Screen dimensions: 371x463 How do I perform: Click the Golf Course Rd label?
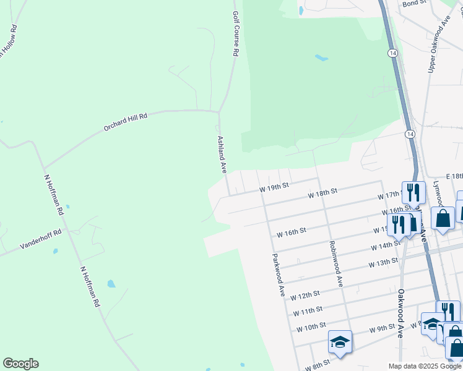[235, 34]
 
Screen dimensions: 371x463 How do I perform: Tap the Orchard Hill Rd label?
[126, 124]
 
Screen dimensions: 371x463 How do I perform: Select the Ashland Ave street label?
[221, 154]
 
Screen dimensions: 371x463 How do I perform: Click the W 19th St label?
[274, 185]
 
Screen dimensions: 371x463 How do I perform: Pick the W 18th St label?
[322, 193]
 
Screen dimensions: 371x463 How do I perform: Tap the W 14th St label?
[386, 245]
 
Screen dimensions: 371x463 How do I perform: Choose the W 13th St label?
[383, 262]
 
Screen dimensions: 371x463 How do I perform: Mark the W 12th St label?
[305, 295]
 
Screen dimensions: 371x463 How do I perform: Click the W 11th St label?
[308, 309]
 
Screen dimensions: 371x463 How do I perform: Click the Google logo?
[20, 364]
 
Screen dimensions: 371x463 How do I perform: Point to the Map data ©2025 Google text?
[424, 366]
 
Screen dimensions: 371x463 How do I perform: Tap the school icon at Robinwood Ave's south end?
[340, 342]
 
